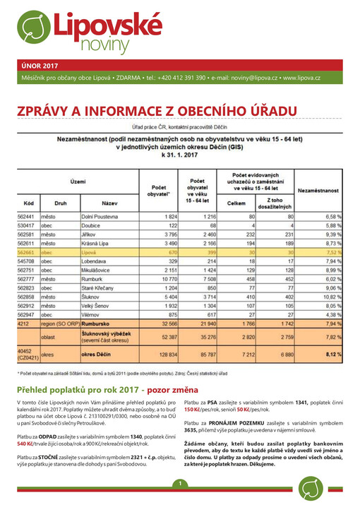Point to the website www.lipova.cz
pyautogui.click(x=301, y=77)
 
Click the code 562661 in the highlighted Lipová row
pyautogui.click(x=26, y=251)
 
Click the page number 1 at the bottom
pyautogui.click(x=180, y=483)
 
